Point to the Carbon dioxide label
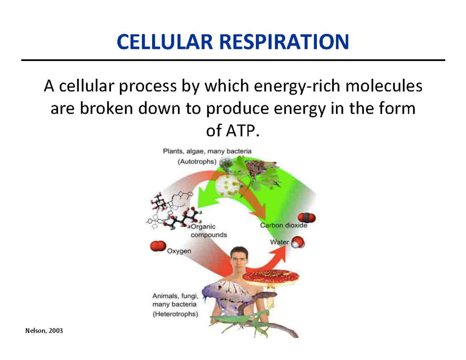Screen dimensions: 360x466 point(283,225)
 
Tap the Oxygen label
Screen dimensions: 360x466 point(179,251)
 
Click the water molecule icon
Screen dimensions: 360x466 point(299,242)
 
